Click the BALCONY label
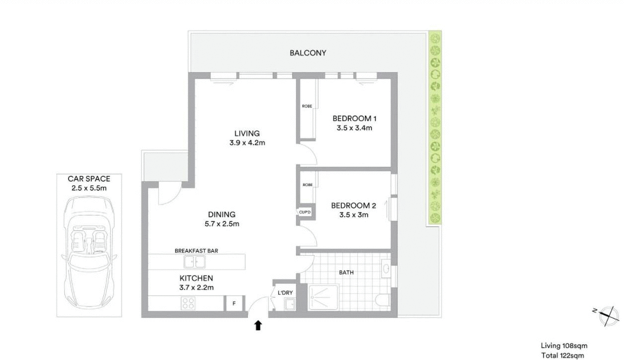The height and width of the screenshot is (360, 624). tap(308, 53)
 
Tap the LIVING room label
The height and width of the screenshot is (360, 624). tap(247, 133)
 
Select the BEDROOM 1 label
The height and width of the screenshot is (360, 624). tap(354, 118)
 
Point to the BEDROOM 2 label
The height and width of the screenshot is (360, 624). tap(353, 206)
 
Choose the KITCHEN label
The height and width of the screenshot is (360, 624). tap(196, 278)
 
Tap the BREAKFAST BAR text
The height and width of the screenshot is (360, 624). tap(196, 251)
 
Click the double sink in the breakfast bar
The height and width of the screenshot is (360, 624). tap(194, 262)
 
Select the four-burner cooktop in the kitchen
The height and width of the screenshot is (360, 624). tap(188, 303)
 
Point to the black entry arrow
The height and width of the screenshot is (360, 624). tap(258, 325)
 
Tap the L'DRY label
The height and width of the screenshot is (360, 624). tap(285, 292)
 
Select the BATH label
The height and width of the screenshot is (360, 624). tap(346, 273)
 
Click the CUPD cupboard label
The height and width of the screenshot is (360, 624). tap(305, 212)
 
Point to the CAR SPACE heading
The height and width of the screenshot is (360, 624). tap(89, 179)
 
